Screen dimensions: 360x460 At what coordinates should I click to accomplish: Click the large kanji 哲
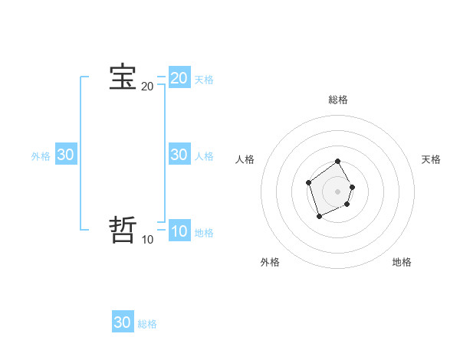(123, 230)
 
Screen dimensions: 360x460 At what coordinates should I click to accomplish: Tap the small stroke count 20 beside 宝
(147, 87)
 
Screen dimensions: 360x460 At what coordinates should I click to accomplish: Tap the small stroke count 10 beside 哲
(147, 240)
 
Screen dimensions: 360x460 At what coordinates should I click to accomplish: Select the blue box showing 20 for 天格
(179, 77)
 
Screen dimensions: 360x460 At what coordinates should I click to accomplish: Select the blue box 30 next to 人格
(179, 154)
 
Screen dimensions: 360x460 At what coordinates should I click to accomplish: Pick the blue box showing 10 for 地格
(179, 231)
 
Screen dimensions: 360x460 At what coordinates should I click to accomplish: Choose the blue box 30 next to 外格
(65, 154)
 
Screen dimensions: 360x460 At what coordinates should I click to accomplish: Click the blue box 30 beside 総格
(123, 322)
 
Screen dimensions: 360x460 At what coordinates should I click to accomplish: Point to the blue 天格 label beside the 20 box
(204, 80)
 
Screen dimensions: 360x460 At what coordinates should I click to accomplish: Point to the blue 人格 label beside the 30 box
(204, 156)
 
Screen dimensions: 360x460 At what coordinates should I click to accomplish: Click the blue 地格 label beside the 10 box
(204, 233)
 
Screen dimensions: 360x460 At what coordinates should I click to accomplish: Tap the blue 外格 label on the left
(41, 156)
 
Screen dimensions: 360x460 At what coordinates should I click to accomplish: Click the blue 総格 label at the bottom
(147, 325)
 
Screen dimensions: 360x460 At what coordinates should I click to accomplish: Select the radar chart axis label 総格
(338, 100)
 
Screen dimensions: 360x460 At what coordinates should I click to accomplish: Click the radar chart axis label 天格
(431, 159)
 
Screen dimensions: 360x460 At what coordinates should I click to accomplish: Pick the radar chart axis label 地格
(402, 262)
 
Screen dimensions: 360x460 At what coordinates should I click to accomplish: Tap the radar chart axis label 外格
(270, 262)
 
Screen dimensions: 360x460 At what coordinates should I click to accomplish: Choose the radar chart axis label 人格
(245, 159)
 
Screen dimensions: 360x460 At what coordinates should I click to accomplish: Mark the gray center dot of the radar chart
(338, 191)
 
